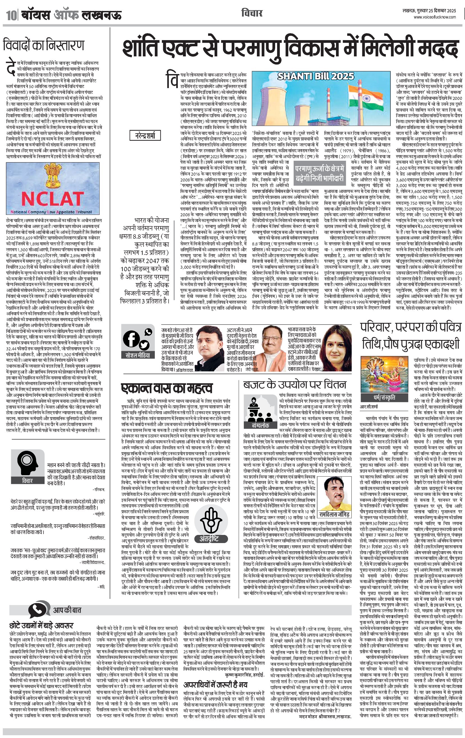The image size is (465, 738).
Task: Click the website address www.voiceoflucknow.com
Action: (435, 17)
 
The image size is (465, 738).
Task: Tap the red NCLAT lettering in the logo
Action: (52, 199)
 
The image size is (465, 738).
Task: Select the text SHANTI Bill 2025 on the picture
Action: (316, 76)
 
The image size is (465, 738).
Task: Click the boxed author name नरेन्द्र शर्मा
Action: (145, 135)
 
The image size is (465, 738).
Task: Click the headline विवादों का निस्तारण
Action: (43, 45)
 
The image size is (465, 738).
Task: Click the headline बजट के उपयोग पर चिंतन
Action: (294, 384)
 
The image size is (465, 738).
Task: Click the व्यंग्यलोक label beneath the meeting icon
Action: (260, 426)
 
